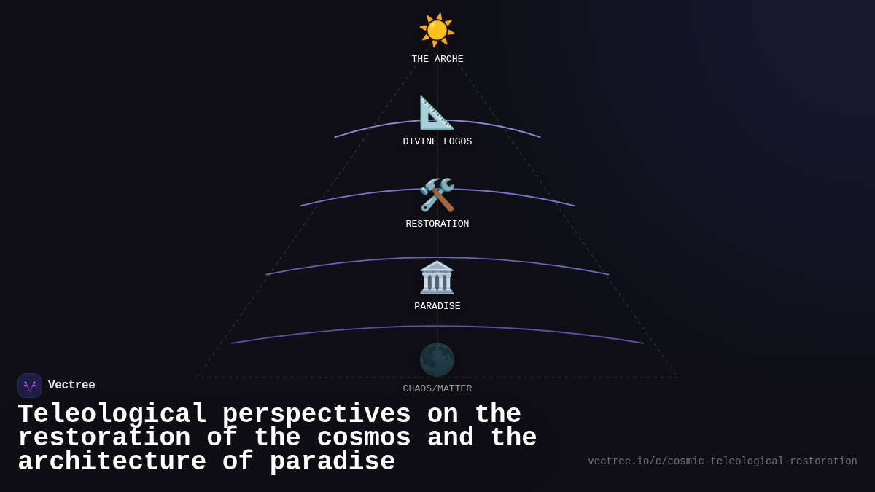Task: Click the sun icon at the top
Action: click(437, 31)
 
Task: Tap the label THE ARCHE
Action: click(437, 60)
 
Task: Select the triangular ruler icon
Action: click(436, 113)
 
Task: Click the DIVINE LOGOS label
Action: click(437, 142)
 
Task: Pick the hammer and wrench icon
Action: click(437, 195)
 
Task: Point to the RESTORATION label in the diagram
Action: click(437, 224)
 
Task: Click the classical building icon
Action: click(437, 278)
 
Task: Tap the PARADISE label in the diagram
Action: click(437, 307)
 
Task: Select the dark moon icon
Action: click(437, 360)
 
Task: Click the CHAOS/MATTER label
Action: click(437, 389)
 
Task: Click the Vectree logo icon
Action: click(30, 386)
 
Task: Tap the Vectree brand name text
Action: click(71, 386)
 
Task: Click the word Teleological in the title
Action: click(112, 415)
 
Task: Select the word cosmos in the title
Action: click(364, 438)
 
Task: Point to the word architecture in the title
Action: click(112, 462)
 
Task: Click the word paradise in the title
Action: click(332, 462)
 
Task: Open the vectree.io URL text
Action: click(723, 461)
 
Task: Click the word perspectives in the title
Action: click(316, 415)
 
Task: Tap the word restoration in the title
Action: click(104, 438)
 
